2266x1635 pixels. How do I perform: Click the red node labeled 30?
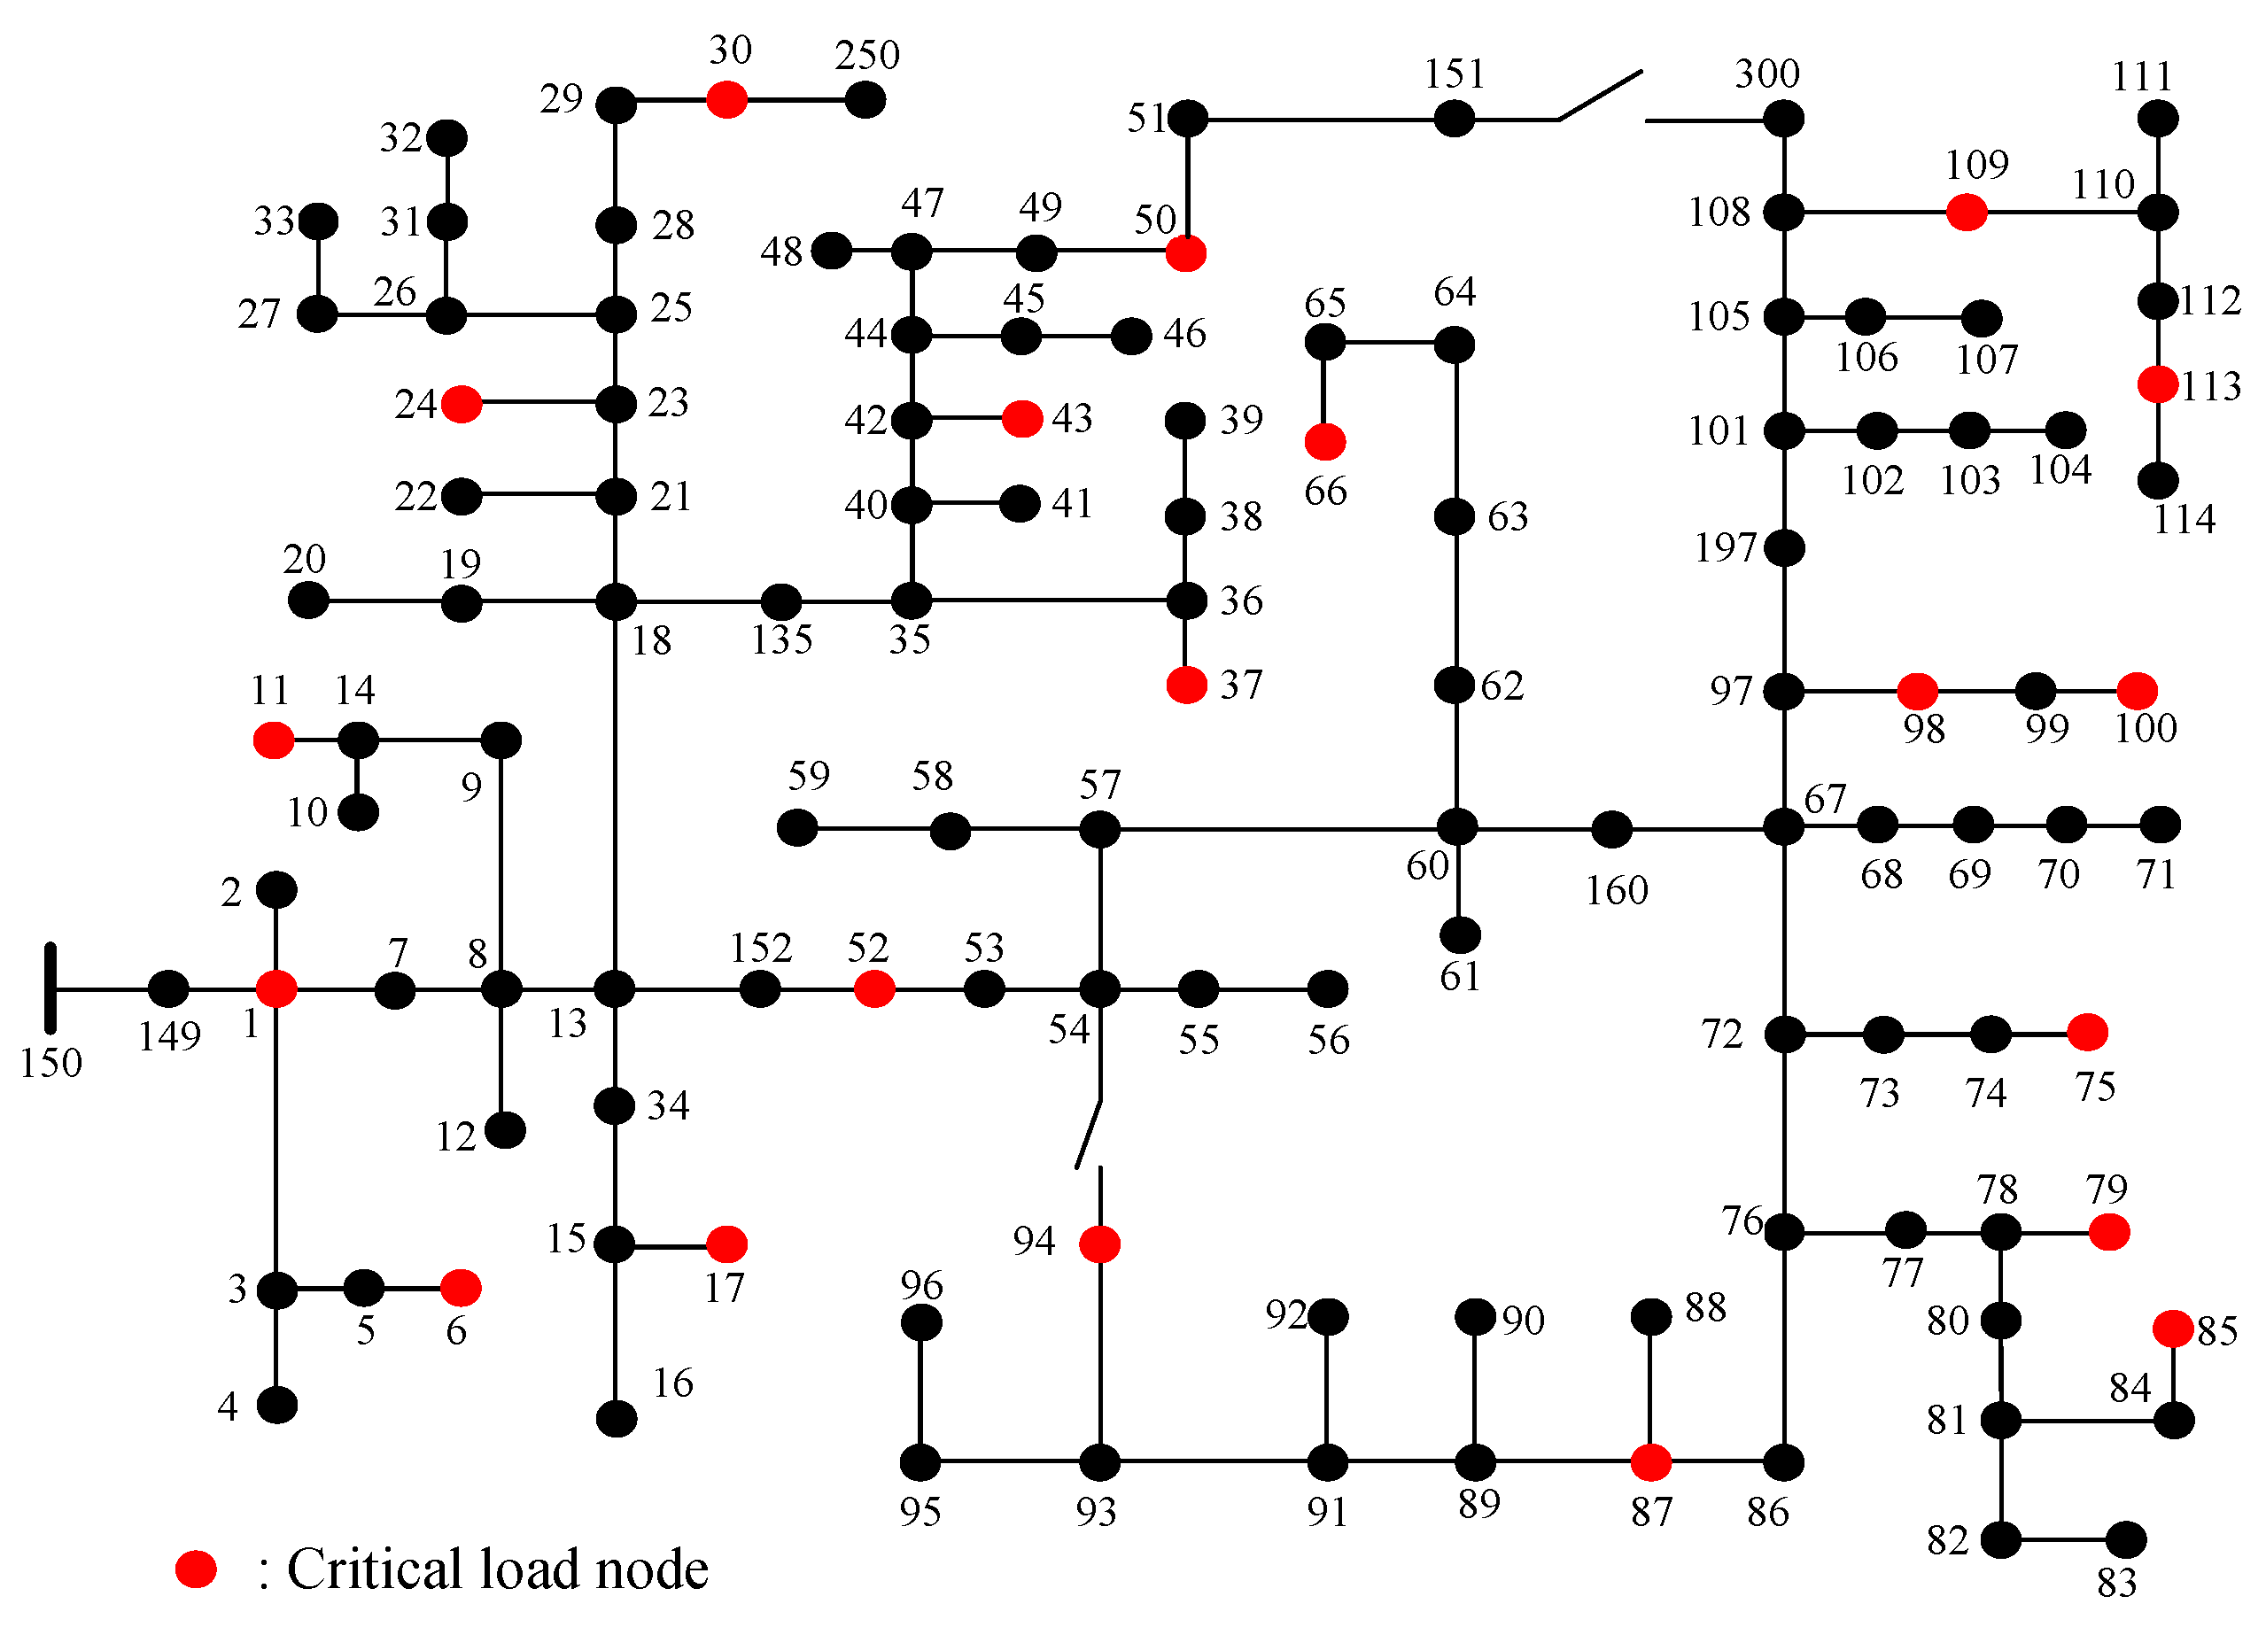(x=726, y=100)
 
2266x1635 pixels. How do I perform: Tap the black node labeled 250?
(x=865, y=100)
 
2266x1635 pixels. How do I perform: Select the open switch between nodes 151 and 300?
(x=1600, y=96)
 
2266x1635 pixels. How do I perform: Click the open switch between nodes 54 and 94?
(x=1089, y=1134)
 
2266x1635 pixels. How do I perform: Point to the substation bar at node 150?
(x=50, y=988)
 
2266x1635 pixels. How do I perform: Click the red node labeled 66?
(x=1325, y=441)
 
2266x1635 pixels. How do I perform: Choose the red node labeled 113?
(x=2158, y=384)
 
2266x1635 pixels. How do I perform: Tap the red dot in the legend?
(x=196, y=1569)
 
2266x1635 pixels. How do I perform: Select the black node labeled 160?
(x=1611, y=829)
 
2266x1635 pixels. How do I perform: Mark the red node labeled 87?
(x=1650, y=1463)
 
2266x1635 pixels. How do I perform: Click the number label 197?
(x=1725, y=547)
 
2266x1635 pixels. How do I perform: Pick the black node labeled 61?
(x=1460, y=936)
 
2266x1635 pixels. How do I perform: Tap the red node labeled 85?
(x=2173, y=1329)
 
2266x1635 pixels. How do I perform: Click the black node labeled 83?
(x=2125, y=1540)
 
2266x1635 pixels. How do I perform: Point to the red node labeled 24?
(x=462, y=405)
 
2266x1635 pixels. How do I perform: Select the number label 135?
(x=781, y=640)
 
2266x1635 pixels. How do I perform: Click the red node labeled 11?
(x=274, y=740)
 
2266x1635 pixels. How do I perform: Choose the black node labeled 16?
(x=617, y=1418)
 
